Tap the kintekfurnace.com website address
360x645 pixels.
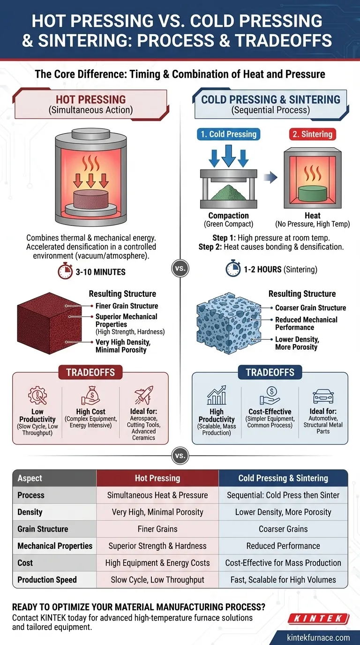click(x=318, y=637)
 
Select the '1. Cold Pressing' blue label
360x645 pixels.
click(x=229, y=134)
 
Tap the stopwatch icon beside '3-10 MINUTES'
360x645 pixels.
click(x=65, y=271)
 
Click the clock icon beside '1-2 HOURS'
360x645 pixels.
click(x=233, y=269)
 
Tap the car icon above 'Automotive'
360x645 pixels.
click(x=323, y=397)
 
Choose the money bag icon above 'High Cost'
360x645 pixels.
click(x=91, y=395)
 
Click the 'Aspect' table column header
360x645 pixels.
click(x=30, y=478)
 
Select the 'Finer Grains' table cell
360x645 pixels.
click(x=157, y=529)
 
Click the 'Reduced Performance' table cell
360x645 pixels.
click(x=283, y=546)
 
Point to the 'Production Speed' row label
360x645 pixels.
click(x=47, y=579)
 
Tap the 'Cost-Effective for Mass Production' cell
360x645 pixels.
click(x=283, y=562)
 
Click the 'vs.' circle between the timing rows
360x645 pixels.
click(x=180, y=269)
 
